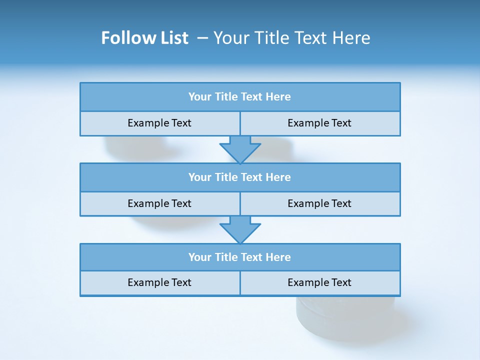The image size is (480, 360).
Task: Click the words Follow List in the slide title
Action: (144, 38)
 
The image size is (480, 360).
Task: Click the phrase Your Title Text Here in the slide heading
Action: (291, 38)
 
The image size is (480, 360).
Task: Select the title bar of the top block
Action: (240, 97)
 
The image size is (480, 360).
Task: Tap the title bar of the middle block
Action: (240, 177)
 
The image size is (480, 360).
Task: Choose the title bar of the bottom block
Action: (240, 257)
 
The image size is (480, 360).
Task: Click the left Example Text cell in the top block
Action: (159, 123)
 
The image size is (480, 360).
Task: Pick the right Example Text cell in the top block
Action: (319, 123)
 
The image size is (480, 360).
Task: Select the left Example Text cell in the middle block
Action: (159, 204)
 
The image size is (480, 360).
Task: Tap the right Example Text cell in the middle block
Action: (319, 204)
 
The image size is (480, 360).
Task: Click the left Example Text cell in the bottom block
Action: (159, 283)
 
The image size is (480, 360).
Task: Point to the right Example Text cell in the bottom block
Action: (319, 283)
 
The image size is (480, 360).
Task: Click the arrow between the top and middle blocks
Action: (240, 149)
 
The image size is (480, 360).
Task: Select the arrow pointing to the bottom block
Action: (240, 229)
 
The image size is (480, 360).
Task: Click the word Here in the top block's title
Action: (278, 97)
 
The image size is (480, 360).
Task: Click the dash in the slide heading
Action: (202, 38)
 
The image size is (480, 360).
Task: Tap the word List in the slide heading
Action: (173, 38)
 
